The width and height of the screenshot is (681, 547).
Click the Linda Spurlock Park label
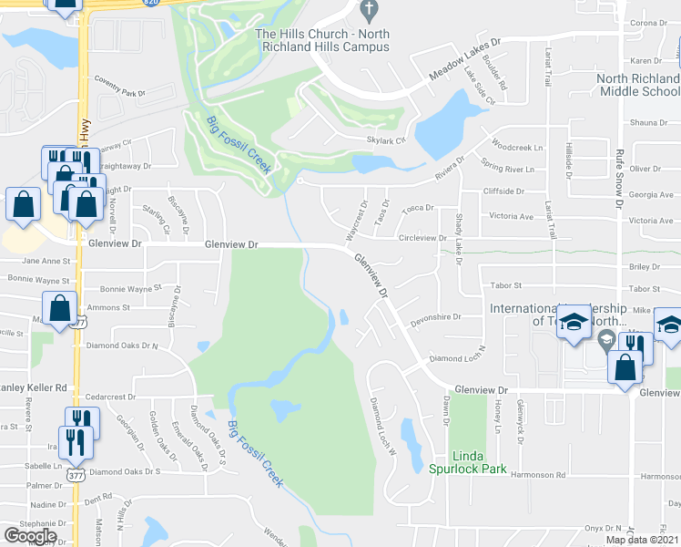(468, 462)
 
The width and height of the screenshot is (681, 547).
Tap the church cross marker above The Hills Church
(368, 12)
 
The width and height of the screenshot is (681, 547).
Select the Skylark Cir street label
(385, 140)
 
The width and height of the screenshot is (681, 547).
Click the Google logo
(29, 535)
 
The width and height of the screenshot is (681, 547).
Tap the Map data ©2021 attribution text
(642, 540)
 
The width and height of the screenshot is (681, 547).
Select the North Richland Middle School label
(638, 85)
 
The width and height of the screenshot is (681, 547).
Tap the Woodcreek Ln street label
(516, 147)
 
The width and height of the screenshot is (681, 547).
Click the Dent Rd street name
(97, 498)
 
